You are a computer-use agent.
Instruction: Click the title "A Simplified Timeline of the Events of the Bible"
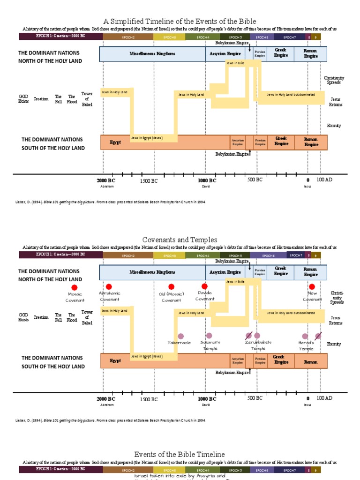(180, 21)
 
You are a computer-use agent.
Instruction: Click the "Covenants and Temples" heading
(180, 240)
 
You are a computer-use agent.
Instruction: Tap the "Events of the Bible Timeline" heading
(180, 454)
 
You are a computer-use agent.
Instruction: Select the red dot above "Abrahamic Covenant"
(109, 286)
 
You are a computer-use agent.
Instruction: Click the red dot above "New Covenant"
(312, 286)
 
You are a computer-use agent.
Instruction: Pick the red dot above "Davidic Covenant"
(204, 286)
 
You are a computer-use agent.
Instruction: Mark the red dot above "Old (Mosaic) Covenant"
(171, 286)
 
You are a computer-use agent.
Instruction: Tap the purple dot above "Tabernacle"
(181, 336)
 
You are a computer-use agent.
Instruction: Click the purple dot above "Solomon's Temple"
(209, 336)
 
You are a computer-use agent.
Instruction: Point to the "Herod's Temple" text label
(306, 345)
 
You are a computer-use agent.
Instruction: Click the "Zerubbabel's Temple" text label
(258, 345)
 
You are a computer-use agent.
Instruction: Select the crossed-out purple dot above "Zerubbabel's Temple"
(248, 336)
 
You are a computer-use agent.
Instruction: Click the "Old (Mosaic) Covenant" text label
(171, 297)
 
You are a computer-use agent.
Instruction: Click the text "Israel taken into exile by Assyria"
(180, 475)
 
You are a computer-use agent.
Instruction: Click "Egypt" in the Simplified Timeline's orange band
(115, 142)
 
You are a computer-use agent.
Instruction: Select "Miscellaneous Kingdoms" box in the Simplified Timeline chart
(152, 54)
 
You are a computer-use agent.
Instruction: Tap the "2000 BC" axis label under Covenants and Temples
(106, 398)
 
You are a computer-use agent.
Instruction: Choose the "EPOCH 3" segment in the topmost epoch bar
(169, 37)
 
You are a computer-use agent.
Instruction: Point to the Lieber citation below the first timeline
(111, 202)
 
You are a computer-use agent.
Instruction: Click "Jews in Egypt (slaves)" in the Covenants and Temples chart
(147, 356)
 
